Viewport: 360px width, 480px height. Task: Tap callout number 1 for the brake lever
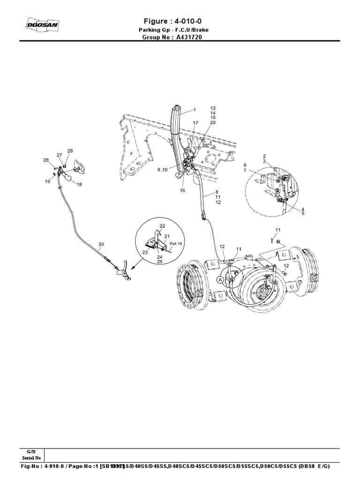[x=194, y=109]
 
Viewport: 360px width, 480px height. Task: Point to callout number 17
[x=195, y=123]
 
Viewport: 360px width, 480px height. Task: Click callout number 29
[x=70, y=150]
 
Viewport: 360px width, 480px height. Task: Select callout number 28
[x=46, y=160]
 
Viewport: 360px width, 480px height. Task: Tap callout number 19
[x=48, y=181]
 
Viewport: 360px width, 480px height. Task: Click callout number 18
[x=79, y=185]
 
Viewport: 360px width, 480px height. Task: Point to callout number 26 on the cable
[x=101, y=244]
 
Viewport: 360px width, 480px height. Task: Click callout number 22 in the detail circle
[x=162, y=225]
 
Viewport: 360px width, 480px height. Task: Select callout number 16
[x=182, y=191]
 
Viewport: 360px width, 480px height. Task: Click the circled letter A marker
[x=221, y=279]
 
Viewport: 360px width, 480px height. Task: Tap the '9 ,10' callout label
[x=165, y=169]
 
